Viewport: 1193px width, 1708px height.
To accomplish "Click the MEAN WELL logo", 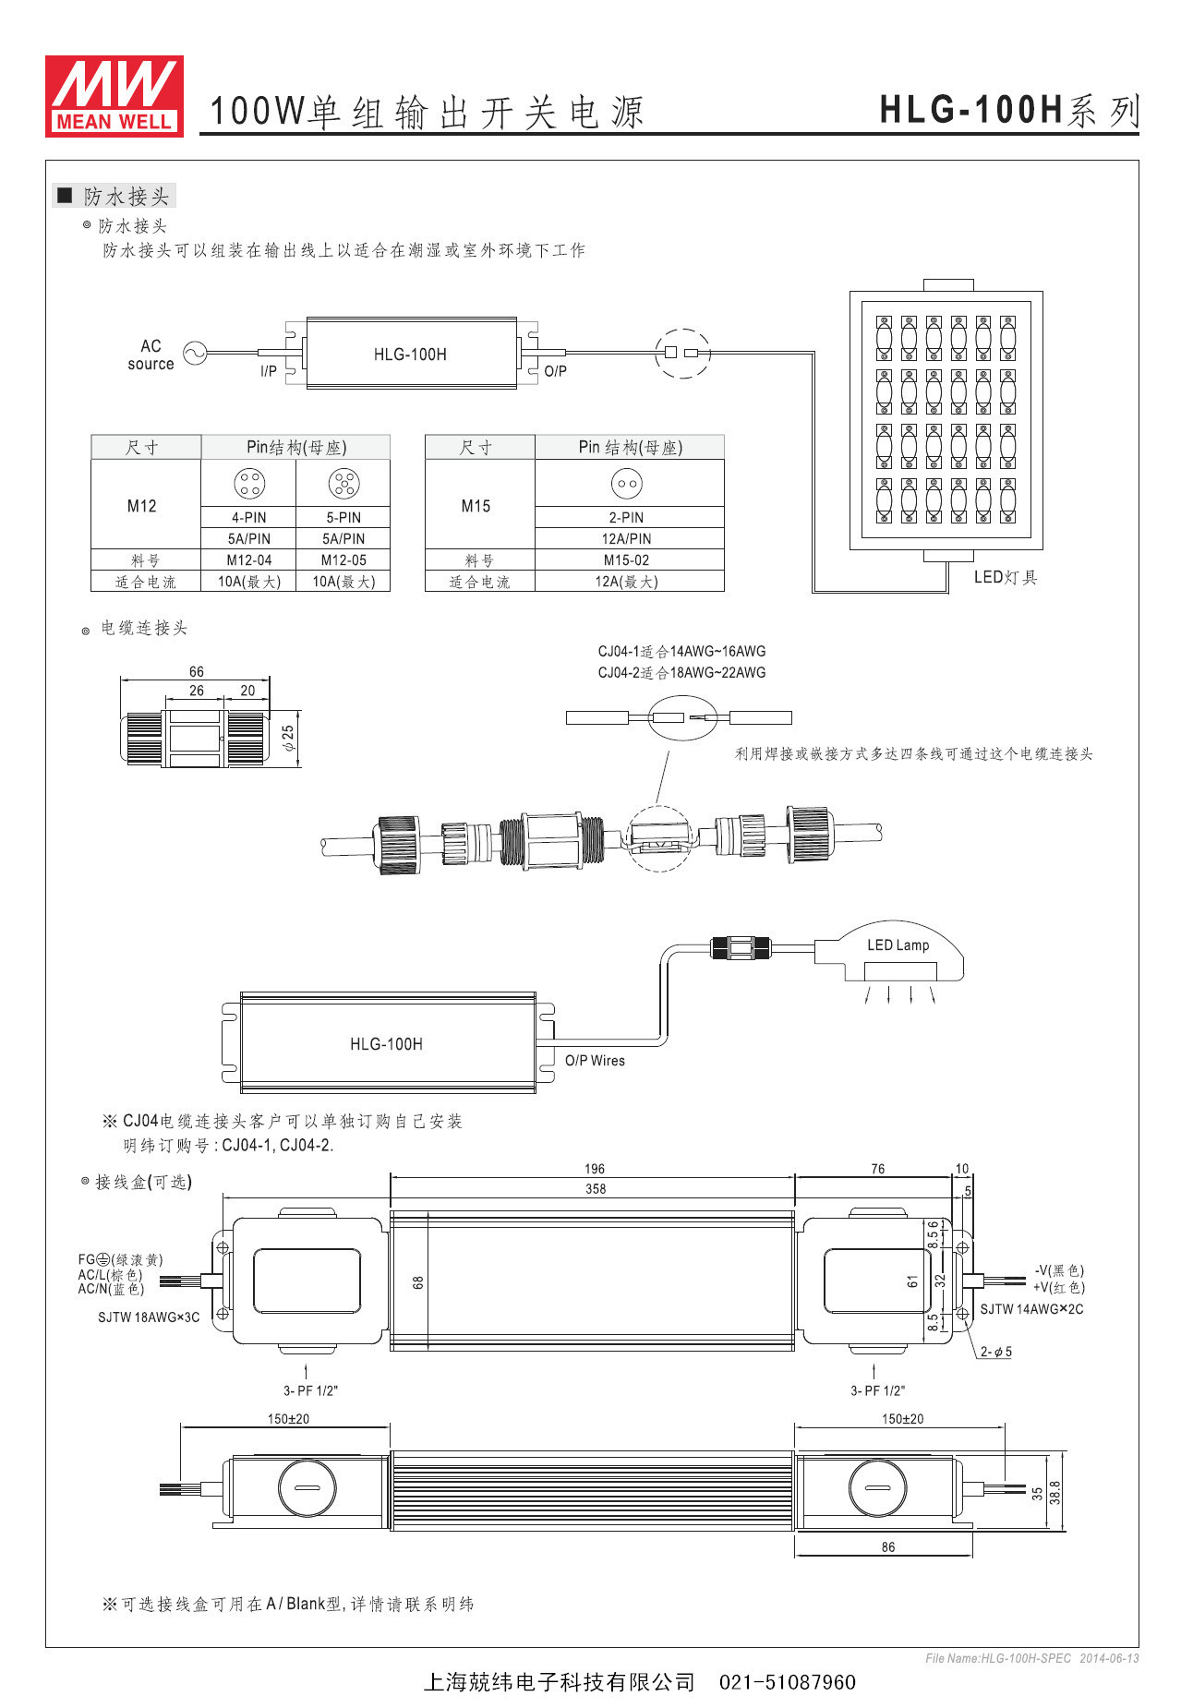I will coord(114,96).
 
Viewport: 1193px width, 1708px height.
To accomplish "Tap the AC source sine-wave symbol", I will coord(195,353).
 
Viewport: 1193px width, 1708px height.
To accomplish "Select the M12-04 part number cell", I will coord(249,560).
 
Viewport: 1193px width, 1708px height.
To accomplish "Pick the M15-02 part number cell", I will coord(626,560).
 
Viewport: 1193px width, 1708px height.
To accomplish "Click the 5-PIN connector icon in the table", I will coord(343,483).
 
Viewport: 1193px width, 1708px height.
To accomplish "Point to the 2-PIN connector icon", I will coord(626,483).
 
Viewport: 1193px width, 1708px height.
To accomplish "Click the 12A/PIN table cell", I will coord(626,539).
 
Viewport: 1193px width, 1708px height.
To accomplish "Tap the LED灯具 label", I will coord(1006,577).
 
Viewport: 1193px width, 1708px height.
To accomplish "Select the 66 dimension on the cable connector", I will coord(197,671).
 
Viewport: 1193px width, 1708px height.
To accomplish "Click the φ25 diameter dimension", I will coord(289,738).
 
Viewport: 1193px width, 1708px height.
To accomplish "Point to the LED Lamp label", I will coord(898,945).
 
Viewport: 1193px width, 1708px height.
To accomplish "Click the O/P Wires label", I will coord(595,1061).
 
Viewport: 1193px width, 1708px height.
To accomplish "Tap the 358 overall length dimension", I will coord(596,1189).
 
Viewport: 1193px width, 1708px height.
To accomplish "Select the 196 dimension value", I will coord(595,1169).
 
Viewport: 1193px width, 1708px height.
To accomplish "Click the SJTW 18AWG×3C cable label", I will coord(149,1317).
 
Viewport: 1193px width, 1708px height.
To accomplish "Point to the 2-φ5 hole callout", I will coord(996,1352).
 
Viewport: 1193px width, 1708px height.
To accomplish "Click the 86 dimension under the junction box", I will coord(887,1547).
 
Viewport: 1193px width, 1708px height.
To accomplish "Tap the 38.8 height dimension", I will coord(1055,1492).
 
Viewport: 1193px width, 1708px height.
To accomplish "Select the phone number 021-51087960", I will coord(787,1682).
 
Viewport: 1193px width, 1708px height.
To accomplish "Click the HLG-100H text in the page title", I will coord(971,110).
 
